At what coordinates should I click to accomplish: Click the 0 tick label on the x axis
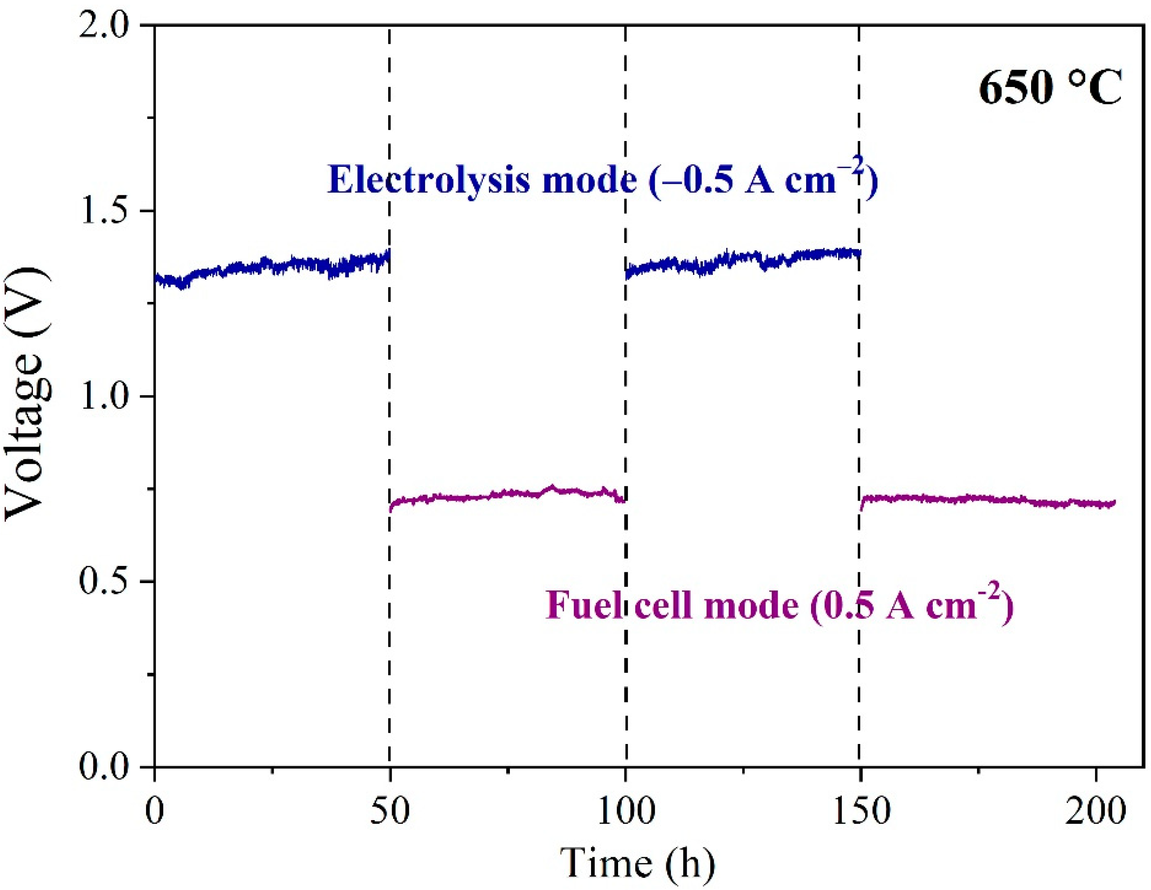point(155,812)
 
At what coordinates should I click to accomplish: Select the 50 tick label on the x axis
point(390,812)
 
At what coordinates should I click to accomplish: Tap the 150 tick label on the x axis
point(861,812)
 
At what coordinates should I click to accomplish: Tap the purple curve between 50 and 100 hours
point(506,494)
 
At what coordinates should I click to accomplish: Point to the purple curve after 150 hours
point(986,499)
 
